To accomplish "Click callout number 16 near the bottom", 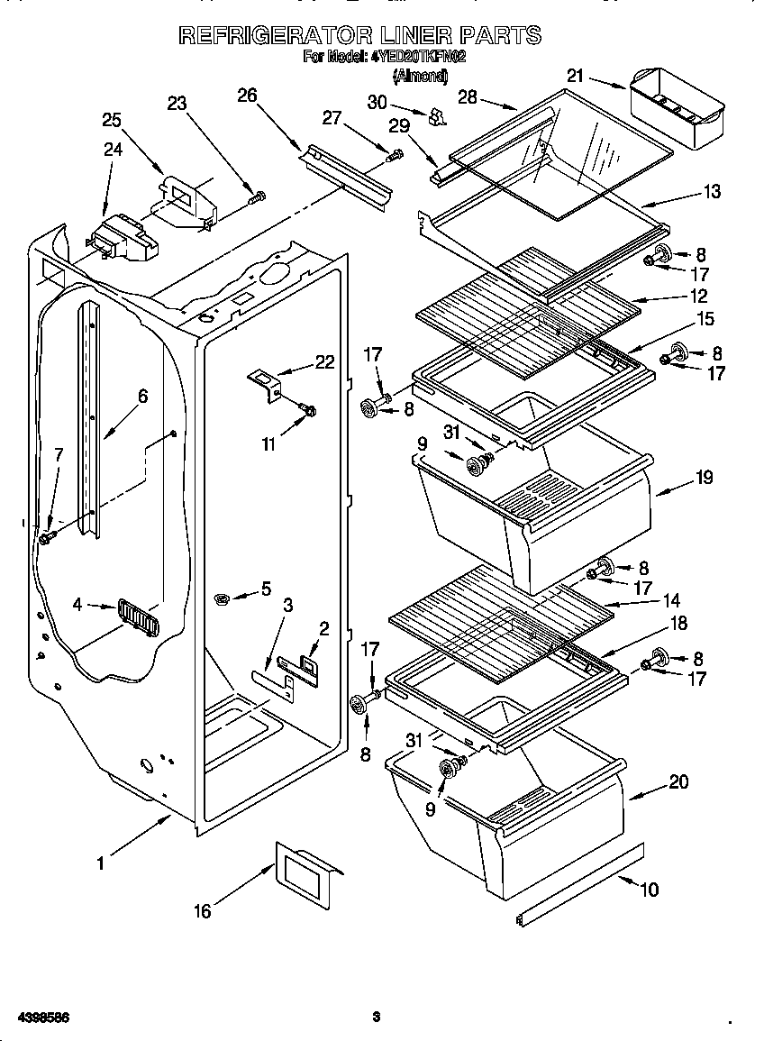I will (x=203, y=912).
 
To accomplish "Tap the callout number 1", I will (x=101, y=863).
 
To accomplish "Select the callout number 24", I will (x=113, y=150).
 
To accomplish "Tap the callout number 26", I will (x=248, y=96).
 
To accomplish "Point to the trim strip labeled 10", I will (x=580, y=882).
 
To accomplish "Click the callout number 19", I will (x=703, y=478).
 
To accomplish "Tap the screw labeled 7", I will (x=46, y=537).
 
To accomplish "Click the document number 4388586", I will (x=38, y=1018).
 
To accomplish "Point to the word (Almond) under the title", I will (x=420, y=77).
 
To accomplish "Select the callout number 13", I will (x=712, y=191).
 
